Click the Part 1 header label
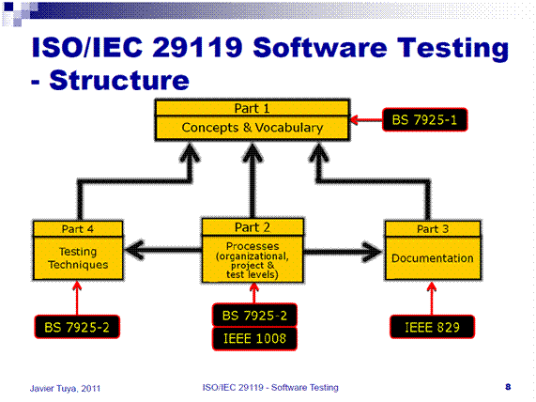click(253, 108)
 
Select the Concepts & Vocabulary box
click(253, 128)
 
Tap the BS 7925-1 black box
click(425, 120)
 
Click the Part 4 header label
click(79, 228)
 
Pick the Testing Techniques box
click(79, 257)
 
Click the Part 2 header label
click(252, 225)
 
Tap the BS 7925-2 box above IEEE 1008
click(253, 313)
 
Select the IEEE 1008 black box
click(253, 335)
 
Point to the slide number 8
click(508, 386)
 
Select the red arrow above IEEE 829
click(431, 300)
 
